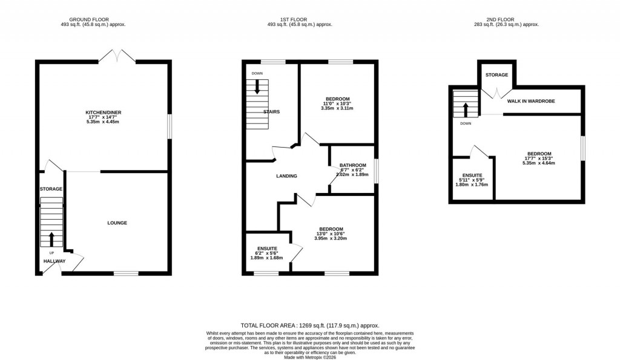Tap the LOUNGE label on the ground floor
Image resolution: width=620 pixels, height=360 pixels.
(117, 223)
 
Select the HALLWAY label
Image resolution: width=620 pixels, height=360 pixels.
(54, 261)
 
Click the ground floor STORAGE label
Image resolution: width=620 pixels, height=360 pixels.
(51, 189)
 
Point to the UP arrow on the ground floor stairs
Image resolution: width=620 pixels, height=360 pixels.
(51, 238)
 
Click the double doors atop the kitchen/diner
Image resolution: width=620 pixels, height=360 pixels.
(117, 56)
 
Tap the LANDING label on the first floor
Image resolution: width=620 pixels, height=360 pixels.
(286, 176)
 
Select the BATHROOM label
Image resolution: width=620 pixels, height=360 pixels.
(352, 165)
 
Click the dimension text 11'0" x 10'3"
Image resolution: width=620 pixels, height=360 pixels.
(337, 104)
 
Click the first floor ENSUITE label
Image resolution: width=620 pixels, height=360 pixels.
(267, 249)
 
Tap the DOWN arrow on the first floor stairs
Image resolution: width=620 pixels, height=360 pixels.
(257, 87)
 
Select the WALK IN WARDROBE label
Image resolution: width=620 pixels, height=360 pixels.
(531, 101)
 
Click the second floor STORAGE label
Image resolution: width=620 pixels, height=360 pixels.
(496, 75)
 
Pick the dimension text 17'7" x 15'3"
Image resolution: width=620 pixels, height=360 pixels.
(539, 159)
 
